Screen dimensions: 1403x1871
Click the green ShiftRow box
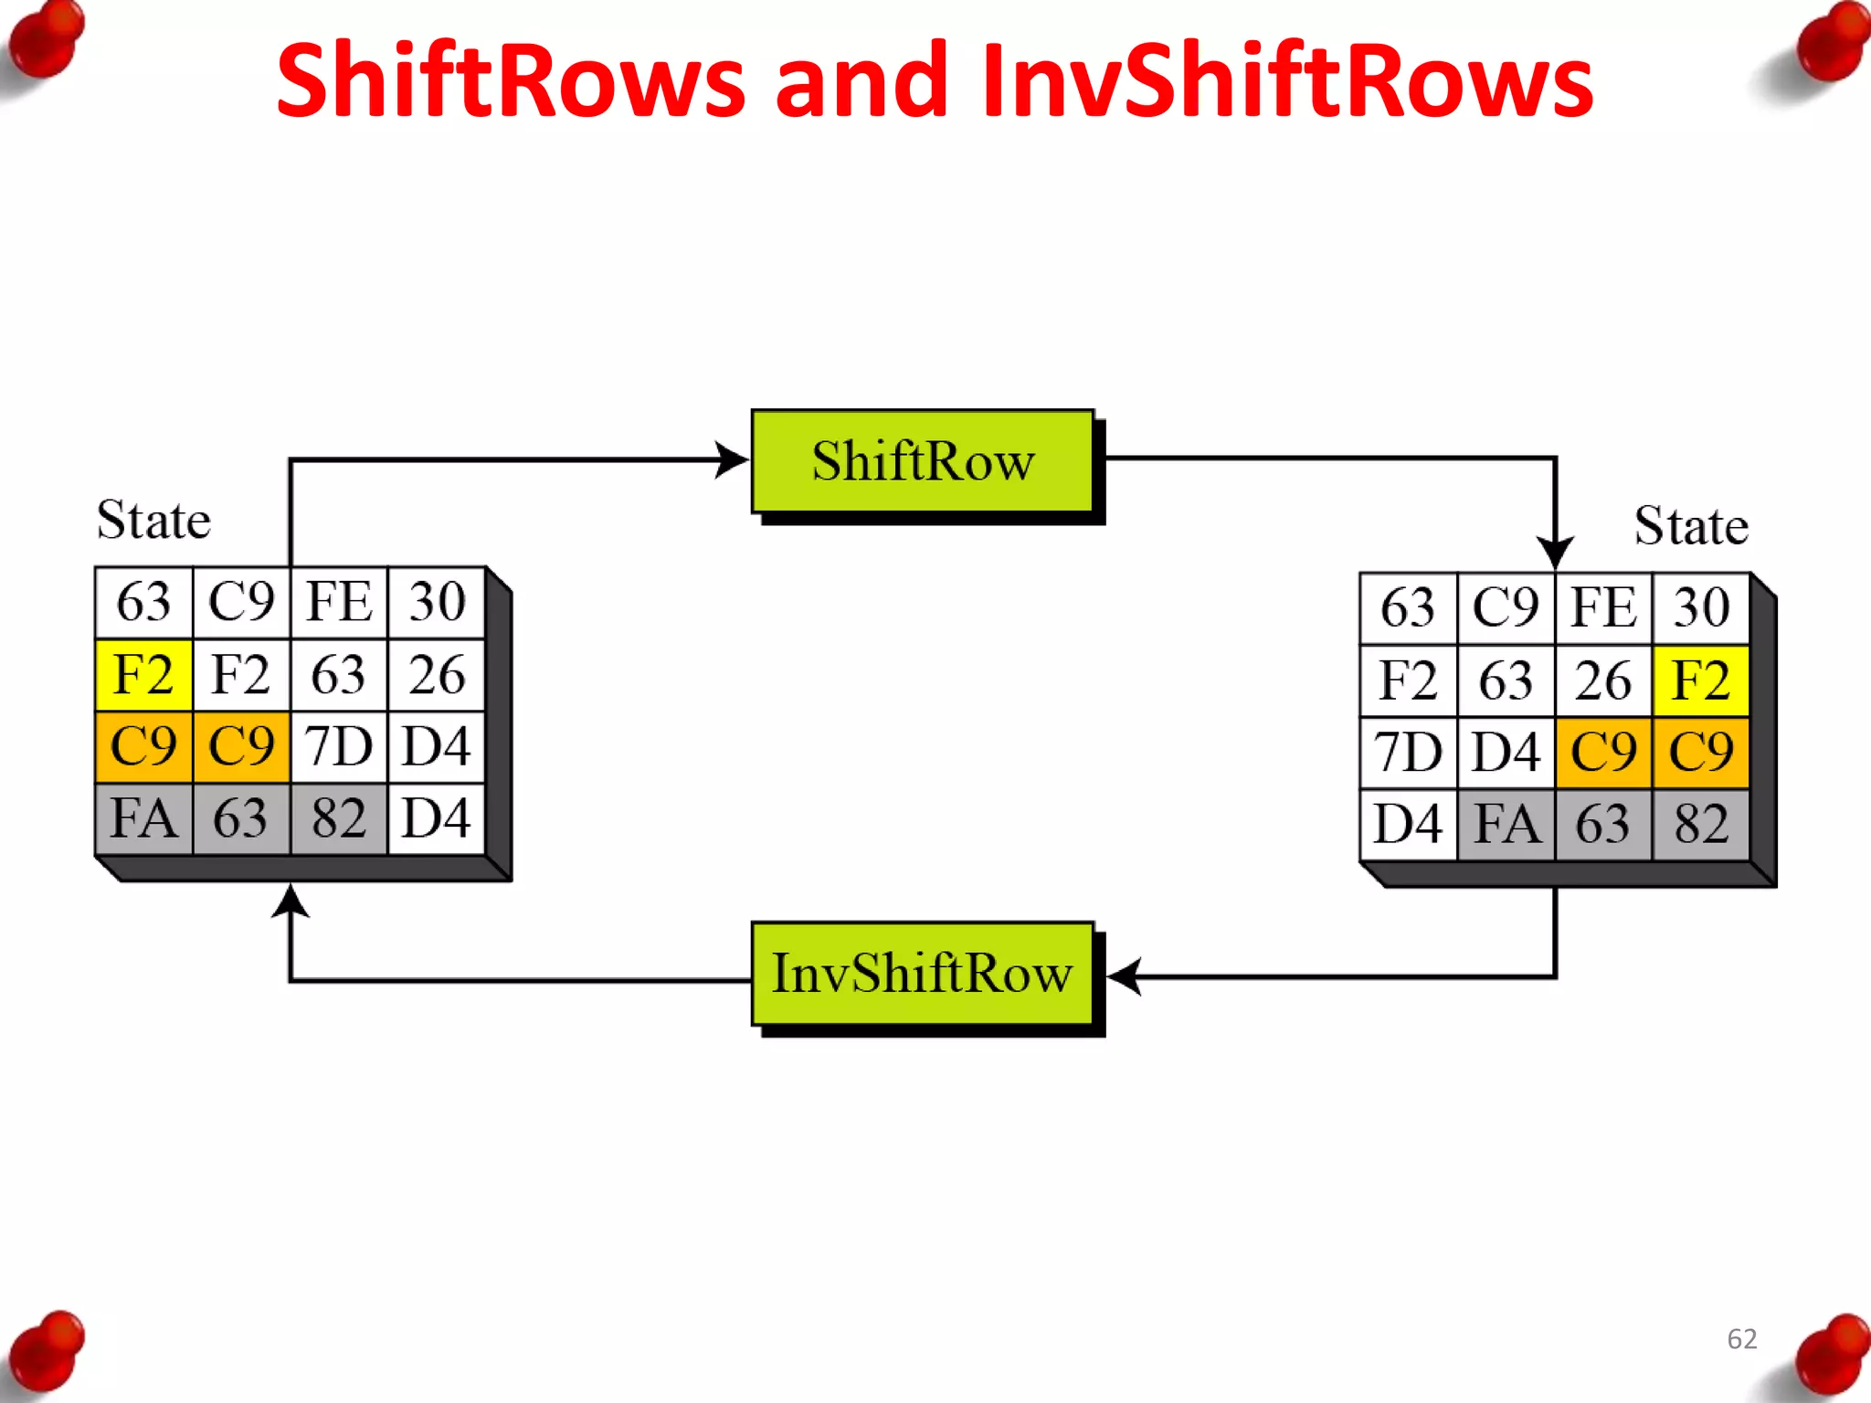[923, 461]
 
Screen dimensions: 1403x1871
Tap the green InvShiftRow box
[923, 974]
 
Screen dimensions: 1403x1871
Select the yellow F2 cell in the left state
[143, 675]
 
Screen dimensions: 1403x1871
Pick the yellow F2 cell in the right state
[1700, 681]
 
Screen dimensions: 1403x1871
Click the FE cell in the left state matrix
[339, 603]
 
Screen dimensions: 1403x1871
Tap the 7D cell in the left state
[339, 747]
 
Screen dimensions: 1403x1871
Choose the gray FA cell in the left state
[143, 818]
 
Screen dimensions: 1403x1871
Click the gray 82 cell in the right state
[1700, 825]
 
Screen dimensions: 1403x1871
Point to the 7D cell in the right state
[1408, 754]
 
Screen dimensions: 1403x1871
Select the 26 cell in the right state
[1602, 681]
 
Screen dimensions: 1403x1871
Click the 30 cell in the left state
[437, 603]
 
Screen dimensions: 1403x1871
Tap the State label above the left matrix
[153, 521]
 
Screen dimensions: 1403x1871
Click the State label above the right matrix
[1691, 526]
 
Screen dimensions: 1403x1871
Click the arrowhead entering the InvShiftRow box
[1124, 976]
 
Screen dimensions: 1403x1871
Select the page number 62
[1742, 1339]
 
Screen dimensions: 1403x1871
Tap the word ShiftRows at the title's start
[511, 82]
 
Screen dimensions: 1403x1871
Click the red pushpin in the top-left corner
[46, 41]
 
